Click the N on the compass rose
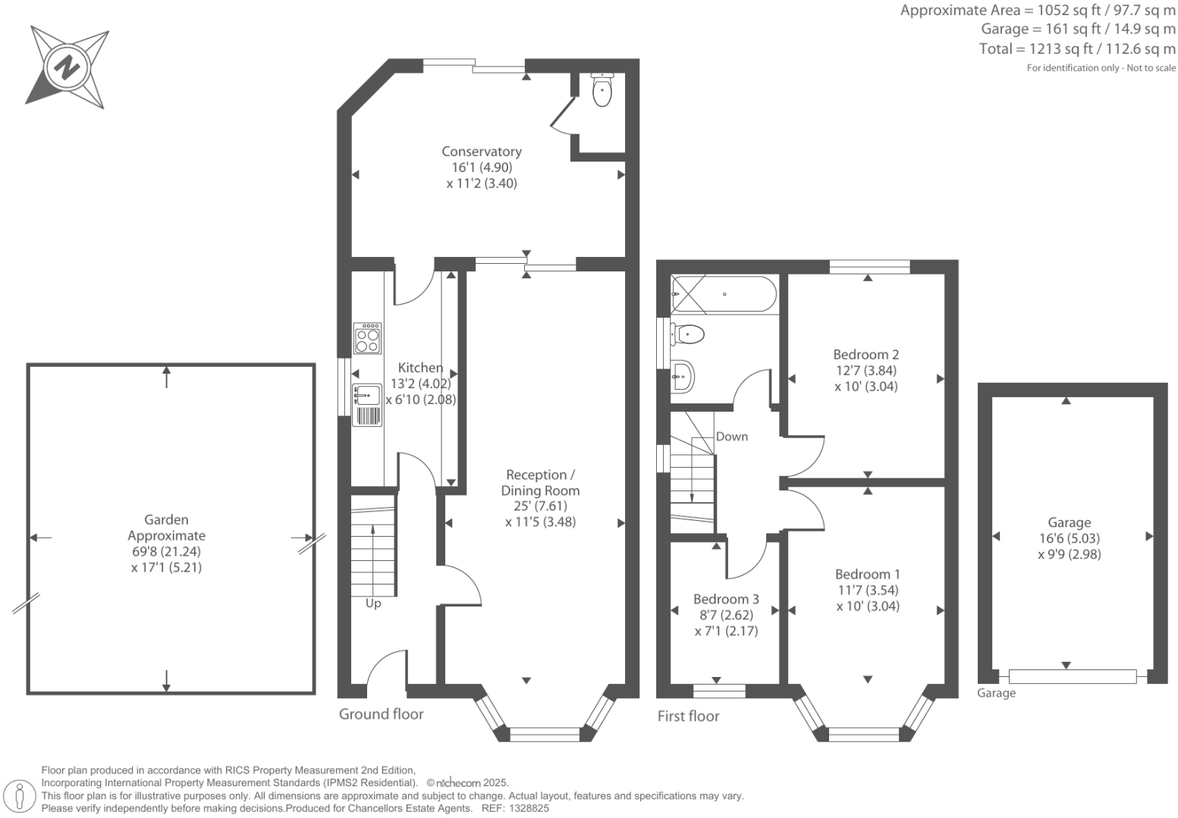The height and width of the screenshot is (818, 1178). (x=67, y=67)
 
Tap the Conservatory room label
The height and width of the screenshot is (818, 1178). (x=482, y=152)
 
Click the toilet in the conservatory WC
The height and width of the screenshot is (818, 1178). (x=602, y=90)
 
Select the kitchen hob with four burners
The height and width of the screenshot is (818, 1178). (x=367, y=338)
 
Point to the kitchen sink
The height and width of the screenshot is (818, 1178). (x=367, y=395)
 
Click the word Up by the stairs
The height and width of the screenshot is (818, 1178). (x=373, y=603)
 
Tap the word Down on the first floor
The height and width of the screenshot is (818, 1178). (x=732, y=437)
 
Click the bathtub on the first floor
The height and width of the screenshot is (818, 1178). (x=724, y=294)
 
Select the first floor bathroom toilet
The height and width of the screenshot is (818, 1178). (x=687, y=334)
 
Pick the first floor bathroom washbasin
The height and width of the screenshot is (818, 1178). (x=683, y=377)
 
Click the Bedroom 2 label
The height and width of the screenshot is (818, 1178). (x=866, y=354)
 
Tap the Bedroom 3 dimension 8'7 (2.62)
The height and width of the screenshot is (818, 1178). (x=726, y=615)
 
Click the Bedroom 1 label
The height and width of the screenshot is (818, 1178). (x=868, y=574)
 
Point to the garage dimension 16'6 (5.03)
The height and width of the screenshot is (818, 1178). (x=1069, y=538)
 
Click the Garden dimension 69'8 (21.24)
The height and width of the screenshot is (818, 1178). (x=166, y=551)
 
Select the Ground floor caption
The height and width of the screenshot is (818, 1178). (x=382, y=714)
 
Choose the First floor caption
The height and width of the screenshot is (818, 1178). (x=689, y=716)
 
